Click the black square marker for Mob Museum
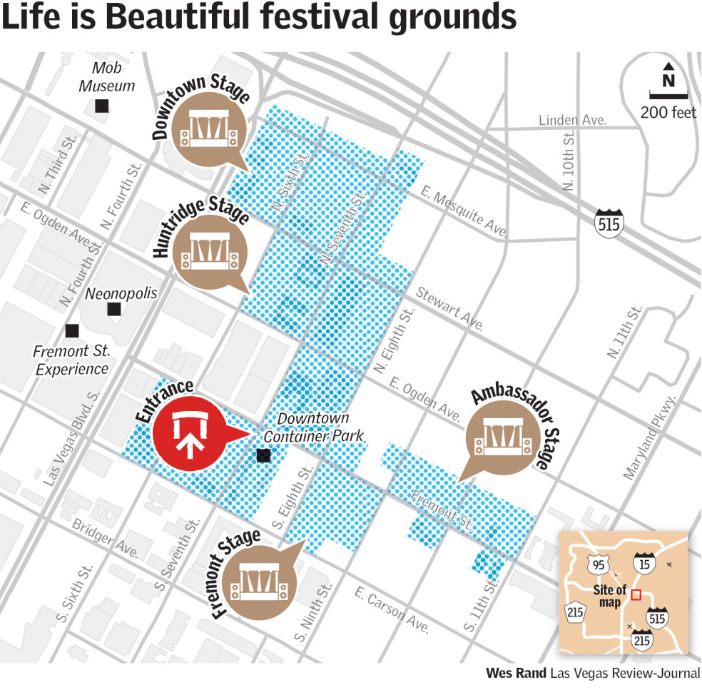coord(102,106)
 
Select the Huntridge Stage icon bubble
coord(211,252)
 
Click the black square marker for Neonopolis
coord(113,310)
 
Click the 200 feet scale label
coord(668,113)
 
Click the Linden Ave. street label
coord(572,120)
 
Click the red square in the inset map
coord(636,594)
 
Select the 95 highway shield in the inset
coord(598,565)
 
